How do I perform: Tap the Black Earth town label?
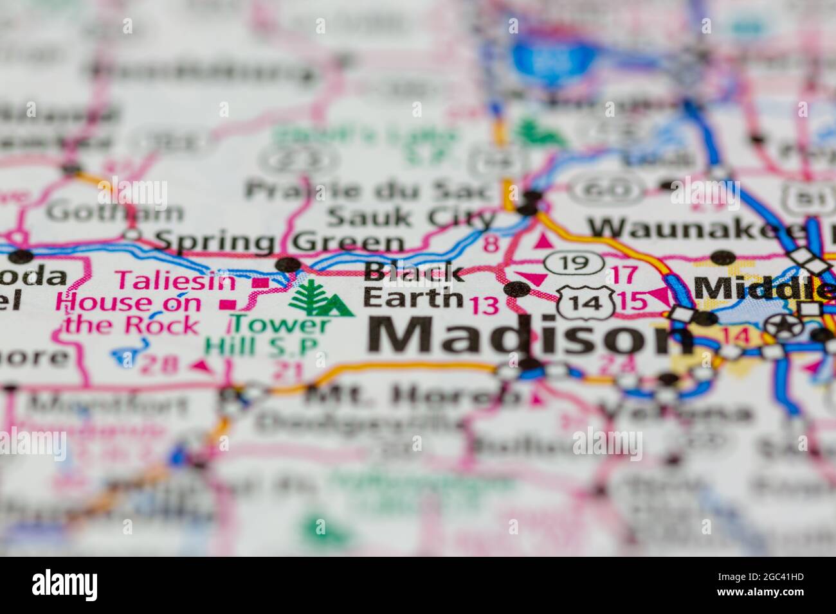pos(413,285)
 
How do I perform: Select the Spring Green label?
pos(280,241)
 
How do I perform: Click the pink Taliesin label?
pos(175,280)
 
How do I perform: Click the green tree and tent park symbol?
pos(320,299)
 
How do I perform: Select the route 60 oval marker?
pos(608,189)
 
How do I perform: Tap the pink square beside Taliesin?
pos(261,282)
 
